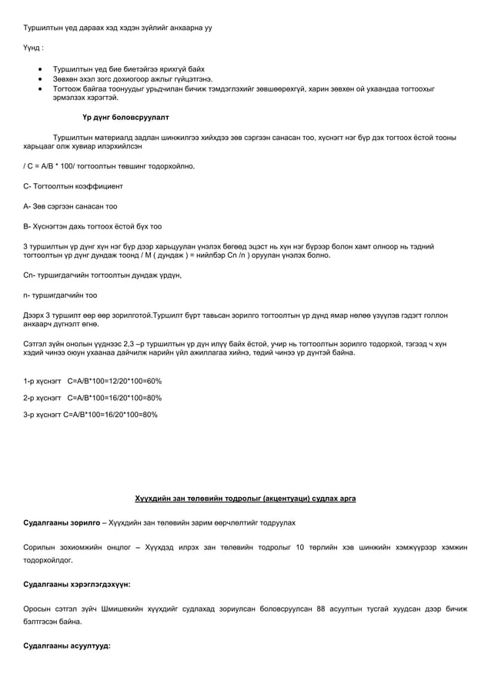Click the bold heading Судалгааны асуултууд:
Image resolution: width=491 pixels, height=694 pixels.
click(x=67, y=646)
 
